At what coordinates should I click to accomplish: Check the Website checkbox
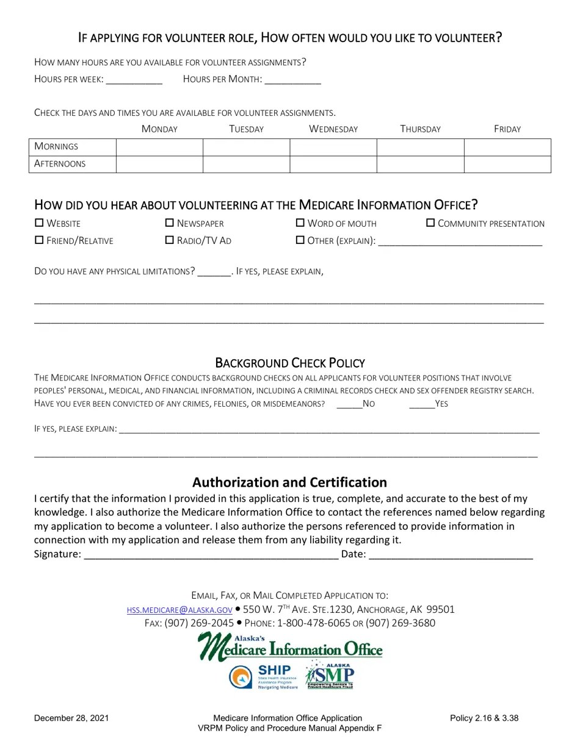(39, 223)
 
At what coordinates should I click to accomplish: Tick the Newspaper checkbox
(170, 223)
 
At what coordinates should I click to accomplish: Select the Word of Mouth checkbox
(300, 223)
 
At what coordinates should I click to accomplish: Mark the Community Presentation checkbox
(430, 223)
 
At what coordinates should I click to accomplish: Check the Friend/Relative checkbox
(39, 240)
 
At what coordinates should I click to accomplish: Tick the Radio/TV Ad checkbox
(170, 240)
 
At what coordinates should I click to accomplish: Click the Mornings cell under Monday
(159, 147)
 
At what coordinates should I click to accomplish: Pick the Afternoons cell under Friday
(507, 164)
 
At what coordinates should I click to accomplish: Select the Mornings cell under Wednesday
(333, 147)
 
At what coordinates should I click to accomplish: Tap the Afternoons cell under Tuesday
(246, 164)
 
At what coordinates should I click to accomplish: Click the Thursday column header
(420, 129)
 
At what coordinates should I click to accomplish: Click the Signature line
(211, 555)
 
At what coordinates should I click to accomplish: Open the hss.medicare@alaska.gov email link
(179, 610)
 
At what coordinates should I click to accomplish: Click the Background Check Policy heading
(290, 363)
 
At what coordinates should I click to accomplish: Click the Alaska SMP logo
(330, 676)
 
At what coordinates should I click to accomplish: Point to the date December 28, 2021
(71, 718)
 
